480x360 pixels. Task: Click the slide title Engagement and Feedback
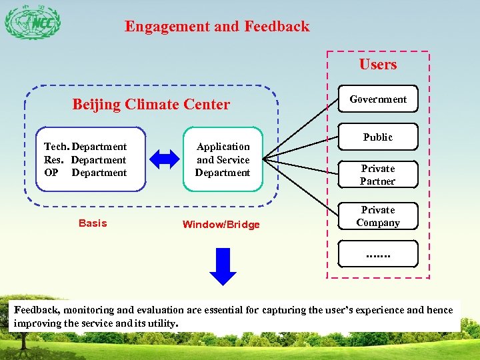click(217, 27)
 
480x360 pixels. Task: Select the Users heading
click(378, 65)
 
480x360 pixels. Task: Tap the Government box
click(378, 99)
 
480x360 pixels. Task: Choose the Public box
click(378, 137)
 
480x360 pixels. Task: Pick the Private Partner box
click(378, 175)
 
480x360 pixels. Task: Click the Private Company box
click(378, 217)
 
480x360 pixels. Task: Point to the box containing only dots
click(378, 254)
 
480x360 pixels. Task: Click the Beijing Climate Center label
click(151, 105)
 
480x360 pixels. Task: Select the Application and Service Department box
click(223, 159)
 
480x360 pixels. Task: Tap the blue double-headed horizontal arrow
click(164, 159)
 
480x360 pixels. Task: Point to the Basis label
click(92, 223)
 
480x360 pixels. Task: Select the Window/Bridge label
click(221, 225)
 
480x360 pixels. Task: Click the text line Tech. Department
click(85, 147)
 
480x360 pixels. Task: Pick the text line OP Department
click(85, 173)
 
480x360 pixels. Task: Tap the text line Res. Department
click(85, 160)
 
